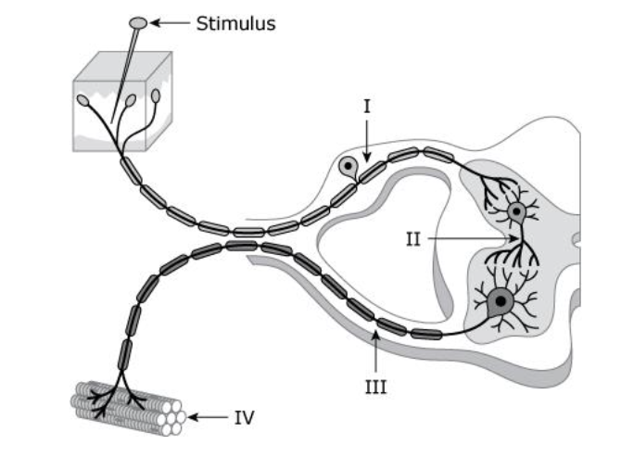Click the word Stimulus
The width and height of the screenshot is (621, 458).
tap(235, 23)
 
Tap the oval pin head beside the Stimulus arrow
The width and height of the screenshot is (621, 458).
tap(137, 21)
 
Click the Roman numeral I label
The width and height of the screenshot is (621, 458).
tap(367, 107)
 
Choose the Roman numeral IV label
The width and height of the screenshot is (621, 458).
tap(243, 417)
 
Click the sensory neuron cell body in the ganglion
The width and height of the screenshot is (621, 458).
tap(348, 168)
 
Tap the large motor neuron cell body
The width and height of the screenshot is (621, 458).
tap(501, 300)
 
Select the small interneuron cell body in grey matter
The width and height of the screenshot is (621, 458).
tap(516, 212)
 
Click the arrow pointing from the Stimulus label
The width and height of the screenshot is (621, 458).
tap(171, 23)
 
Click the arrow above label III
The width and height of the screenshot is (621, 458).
tap(374, 352)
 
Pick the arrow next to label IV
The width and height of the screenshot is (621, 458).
tap(208, 417)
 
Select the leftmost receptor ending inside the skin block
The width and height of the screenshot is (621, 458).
tap(83, 100)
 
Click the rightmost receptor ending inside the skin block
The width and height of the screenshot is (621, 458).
tap(156, 95)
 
